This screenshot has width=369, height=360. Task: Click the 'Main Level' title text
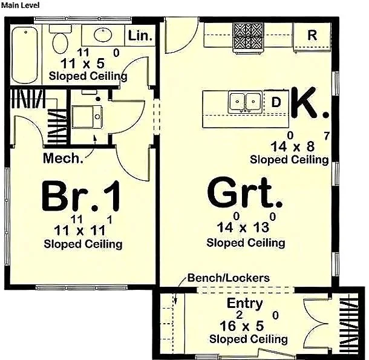coord(20,5)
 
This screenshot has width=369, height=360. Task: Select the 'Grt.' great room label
coord(245,195)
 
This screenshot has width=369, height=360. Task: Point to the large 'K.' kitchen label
coord(310,103)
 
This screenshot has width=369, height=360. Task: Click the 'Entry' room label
coord(244,303)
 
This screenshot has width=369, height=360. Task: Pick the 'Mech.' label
coord(63,159)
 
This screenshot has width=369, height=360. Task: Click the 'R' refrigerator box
coord(312,34)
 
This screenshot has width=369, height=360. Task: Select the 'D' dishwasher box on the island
coord(276,102)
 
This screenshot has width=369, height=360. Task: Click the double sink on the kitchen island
coord(245,102)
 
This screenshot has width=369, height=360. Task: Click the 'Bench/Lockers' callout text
coord(228,278)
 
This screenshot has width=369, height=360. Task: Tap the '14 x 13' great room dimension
coord(245,227)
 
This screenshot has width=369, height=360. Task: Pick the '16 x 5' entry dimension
coord(245,327)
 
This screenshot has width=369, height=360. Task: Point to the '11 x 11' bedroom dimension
coord(82,230)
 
